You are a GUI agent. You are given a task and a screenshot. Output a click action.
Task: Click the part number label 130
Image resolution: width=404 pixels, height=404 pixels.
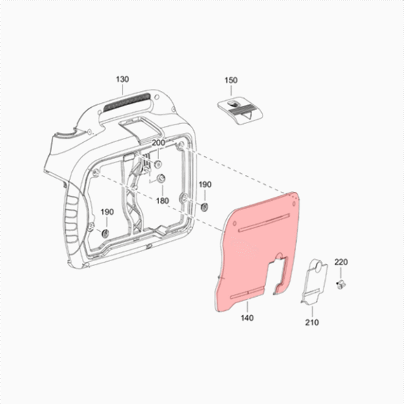coord(123,79)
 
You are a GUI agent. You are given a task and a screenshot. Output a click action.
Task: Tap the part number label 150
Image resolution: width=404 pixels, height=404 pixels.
coord(231,80)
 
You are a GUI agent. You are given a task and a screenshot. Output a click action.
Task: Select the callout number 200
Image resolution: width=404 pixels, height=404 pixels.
coord(158,142)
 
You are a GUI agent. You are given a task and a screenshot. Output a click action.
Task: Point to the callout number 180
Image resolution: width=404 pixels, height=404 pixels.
coord(162,201)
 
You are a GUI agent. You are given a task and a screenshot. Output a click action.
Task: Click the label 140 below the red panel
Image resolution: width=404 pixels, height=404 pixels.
coord(247,318)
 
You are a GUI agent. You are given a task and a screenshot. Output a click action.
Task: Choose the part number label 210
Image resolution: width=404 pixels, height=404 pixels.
coord(312,322)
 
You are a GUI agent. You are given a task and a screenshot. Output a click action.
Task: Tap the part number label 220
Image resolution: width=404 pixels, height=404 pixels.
coord(341,262)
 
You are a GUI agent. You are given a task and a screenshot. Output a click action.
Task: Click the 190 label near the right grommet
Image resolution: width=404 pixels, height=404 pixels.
coord(205,184)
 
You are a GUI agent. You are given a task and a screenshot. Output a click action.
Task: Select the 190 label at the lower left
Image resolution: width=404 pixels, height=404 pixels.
coord(107,212)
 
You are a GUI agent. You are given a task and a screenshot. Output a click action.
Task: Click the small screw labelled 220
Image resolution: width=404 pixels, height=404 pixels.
coord(341,284)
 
